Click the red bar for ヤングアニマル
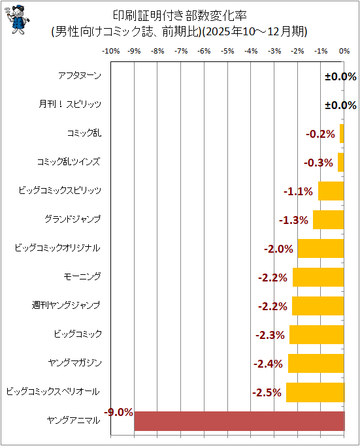click(x=239, y=421)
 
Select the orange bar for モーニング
click(x=318, y=277)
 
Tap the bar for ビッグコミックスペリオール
click(x=316, y=392)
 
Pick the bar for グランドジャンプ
click(x=329, y=219)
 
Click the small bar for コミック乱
click(x=342, y=133)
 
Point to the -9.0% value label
click(x=119, y=412)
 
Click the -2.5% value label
click(x=267, y=392)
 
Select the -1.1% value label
click(x=298, y=191)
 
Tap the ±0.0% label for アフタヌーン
click(x=340, y=76)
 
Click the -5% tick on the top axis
click(x=227, y=51)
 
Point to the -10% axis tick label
click(x=110, y=51)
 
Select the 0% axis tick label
click(x=344, y=51)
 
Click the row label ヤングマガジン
click(x=75, y=362)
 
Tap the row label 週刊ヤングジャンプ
click(x=66, y=305)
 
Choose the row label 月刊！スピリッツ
click(x=70, y=104)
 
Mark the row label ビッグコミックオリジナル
click(x=57, y=247)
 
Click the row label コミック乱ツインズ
click(x=69, y=161)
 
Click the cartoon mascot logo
click(x=17, y=20)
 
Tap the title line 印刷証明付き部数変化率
click(x=180, y=16)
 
